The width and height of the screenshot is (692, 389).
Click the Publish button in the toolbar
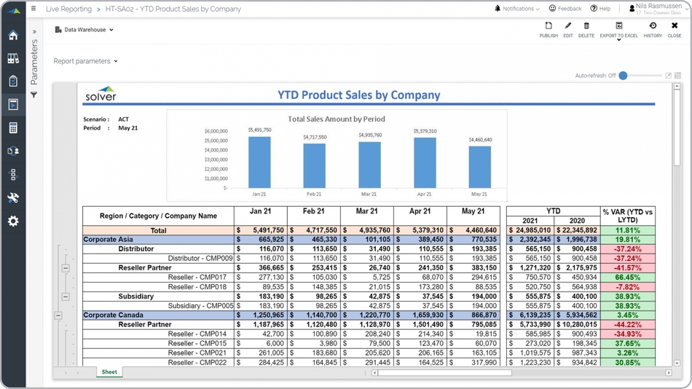point(549,29)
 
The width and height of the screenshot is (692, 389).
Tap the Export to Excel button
point(618,29)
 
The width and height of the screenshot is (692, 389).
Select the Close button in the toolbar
point(675,29)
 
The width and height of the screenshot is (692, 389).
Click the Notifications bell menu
point(516,9)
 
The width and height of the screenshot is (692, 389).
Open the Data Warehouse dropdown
point(84,30)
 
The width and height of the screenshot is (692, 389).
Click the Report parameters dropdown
point(85,61)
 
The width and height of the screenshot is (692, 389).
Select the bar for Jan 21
point(259,162)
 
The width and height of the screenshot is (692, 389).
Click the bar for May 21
point(479,167)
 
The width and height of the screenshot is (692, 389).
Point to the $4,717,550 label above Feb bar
point(315,137)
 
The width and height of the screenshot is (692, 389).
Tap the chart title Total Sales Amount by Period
point(336,119)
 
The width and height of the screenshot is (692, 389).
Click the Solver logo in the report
point(101,95)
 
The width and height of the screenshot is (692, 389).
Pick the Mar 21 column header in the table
point(366,211)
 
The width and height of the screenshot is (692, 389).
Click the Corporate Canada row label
point(113,315)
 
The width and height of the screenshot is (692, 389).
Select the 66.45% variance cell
point(627,278)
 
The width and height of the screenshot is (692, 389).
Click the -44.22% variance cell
point(627,325)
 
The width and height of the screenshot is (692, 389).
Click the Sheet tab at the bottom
point(109,372)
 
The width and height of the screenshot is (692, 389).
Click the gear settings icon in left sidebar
point(13,221)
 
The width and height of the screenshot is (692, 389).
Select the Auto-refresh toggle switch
point(626,76)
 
